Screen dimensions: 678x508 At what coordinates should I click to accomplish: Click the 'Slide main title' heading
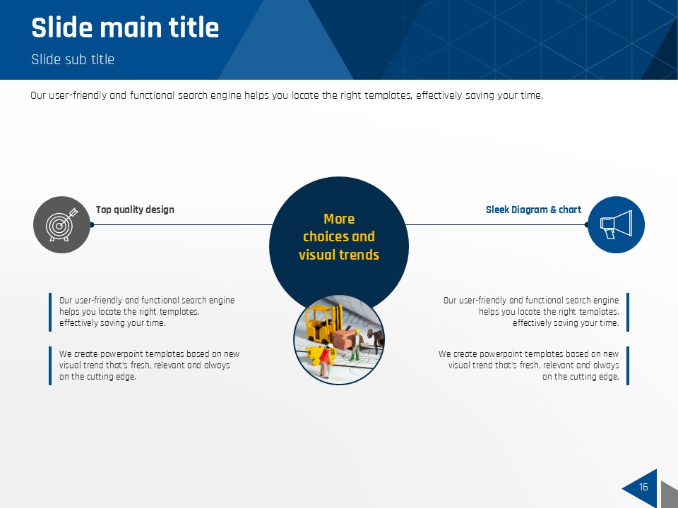[125, 28]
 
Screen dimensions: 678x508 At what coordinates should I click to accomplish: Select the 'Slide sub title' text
[73, 59]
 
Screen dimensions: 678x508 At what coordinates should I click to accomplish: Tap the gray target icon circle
[62, 224]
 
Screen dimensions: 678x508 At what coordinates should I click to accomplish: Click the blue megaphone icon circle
[616, 224]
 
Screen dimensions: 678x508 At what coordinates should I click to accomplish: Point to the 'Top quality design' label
[135, 210]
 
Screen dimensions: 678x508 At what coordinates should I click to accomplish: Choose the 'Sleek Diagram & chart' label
[534, 210]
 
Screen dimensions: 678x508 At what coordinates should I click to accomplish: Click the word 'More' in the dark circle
[339, 219]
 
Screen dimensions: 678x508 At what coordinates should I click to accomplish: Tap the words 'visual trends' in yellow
[339, 255]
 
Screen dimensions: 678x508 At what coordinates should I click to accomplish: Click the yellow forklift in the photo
[320, 324]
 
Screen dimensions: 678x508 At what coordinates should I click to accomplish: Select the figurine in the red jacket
[324, 359]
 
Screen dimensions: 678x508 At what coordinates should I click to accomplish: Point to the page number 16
[643, 487]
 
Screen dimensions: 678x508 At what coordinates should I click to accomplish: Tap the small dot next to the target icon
[92, 224]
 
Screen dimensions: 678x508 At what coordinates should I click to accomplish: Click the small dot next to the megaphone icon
[586, 224]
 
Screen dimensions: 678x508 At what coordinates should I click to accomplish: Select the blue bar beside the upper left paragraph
[50, 312]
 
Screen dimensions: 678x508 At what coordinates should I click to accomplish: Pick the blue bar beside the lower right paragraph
[628, 365]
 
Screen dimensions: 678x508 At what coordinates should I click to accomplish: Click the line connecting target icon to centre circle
[182, 224]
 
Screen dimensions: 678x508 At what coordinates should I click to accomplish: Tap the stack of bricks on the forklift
[344, 339]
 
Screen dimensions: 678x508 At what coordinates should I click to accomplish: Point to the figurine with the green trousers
[356, 345]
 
